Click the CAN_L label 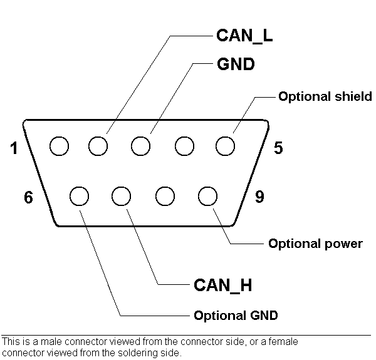244,35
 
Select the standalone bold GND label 236,64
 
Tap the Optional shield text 325,96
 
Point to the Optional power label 315,244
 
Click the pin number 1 14,148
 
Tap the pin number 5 278,148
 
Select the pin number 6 29,197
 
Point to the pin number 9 259,197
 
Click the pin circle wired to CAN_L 98,147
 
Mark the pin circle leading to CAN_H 122,196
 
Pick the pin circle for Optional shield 225,147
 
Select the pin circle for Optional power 207,196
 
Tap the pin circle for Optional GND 79,196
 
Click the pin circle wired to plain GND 141,147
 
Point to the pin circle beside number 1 59,147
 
